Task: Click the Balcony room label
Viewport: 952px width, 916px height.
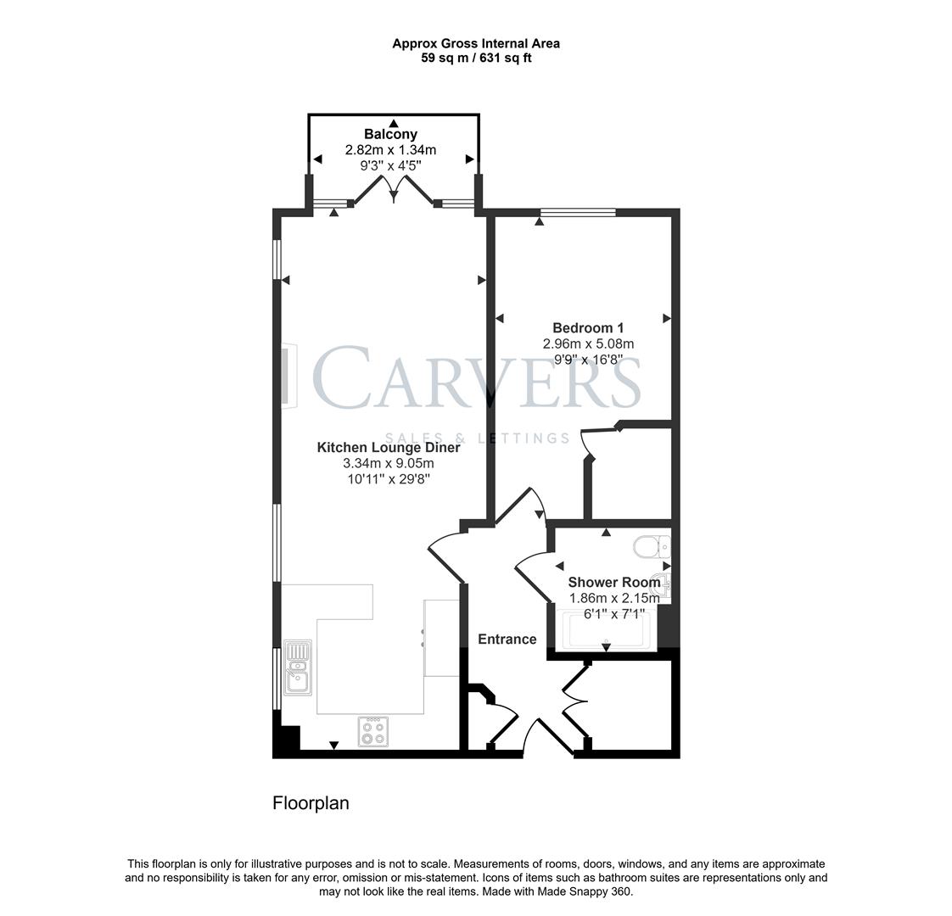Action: point(390,134)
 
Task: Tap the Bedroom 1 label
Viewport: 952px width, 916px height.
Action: point(588,328)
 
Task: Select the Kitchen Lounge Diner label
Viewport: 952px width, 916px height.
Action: point(389,447)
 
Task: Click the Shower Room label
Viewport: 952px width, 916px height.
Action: point(613,582)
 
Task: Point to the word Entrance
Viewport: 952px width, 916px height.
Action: point(507,640)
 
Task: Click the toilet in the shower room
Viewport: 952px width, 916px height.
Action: point(654,546)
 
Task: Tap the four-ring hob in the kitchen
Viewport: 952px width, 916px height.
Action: point(372,731)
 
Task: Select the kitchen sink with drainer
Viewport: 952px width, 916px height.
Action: point(298,667)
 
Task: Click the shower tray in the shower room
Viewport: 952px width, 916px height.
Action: point(606,630)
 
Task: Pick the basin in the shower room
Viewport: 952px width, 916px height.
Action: point(664,584)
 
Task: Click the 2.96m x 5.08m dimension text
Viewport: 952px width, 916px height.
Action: point(588,343)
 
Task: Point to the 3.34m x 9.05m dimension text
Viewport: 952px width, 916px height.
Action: point(388,463)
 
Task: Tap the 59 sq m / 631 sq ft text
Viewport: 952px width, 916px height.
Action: point(475,58)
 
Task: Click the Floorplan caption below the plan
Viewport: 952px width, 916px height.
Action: point(311,802)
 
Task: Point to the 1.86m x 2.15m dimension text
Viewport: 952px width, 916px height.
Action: point(613,598)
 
